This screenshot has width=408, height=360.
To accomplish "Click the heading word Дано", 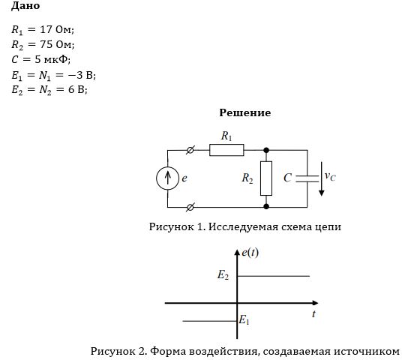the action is click(x=25, y=6).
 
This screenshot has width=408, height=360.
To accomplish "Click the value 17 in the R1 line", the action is click(x=46, y=29).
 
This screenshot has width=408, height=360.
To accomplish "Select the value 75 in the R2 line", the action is click(x=46, y=44).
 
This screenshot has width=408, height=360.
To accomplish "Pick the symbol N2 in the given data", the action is click(x=45, y=90).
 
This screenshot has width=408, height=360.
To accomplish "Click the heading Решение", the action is click(x=245, y=112).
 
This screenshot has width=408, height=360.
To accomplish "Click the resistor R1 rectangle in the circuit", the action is click(x=226, y=150).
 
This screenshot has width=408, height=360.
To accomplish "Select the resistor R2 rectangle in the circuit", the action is click(x=266, y=178).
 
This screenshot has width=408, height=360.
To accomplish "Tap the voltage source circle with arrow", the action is click(x=167, y=178).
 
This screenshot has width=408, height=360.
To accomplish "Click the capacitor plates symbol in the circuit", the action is click(x=307, y=178).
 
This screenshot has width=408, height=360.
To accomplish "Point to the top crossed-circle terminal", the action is click(x=190, y=150).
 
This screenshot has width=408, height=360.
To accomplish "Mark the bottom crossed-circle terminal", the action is click(x=190, y=207).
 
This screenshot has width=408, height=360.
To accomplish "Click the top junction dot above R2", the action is click(x=266, y=150).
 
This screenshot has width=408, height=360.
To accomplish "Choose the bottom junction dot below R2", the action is click(x=266, y=206).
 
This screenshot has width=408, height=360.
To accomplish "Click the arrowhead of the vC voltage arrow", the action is click(x=322, y=193).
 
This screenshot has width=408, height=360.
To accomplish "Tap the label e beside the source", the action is click(x=184, y=178).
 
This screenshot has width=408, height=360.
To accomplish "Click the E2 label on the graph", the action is click(x=223, y=275).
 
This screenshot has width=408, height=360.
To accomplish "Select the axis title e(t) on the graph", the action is click(x=250, y=253).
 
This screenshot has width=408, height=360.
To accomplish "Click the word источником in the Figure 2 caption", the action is click(x=367, y=352).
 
